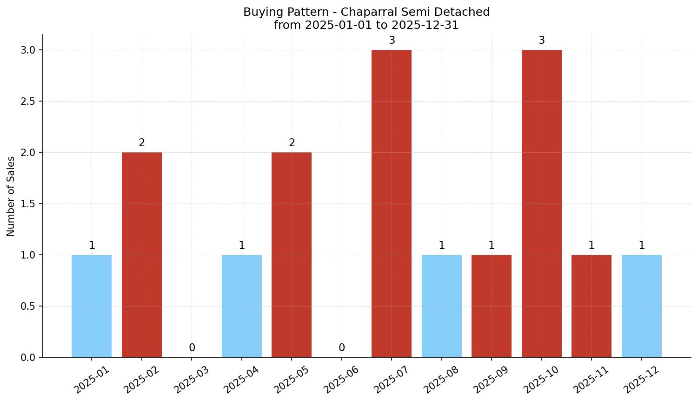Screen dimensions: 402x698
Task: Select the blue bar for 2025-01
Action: coord(92,306)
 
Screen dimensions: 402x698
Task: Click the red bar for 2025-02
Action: coord(142,254)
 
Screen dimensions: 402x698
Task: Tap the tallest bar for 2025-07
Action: coord(392,203)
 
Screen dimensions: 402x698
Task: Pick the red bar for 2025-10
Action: coord(541,203)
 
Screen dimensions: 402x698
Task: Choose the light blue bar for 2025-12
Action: coord(641,306)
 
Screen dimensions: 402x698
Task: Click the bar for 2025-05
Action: coord(292,254)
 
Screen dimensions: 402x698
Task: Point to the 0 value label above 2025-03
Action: coord(192,348)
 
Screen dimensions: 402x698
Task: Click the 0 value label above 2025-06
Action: coord(342,348)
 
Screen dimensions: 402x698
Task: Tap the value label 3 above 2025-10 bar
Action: coord(541,41)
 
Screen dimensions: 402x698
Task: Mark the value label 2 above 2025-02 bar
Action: coord(142,143)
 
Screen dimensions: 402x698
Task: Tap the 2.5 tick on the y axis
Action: coord(28,101)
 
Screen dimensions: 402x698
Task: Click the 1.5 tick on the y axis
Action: coord(28,204)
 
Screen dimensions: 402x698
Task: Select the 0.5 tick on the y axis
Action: coord(28,306)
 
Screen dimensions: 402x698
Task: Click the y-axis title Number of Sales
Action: coord(11,196)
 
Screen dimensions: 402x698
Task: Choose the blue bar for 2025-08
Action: coord(441,306)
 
